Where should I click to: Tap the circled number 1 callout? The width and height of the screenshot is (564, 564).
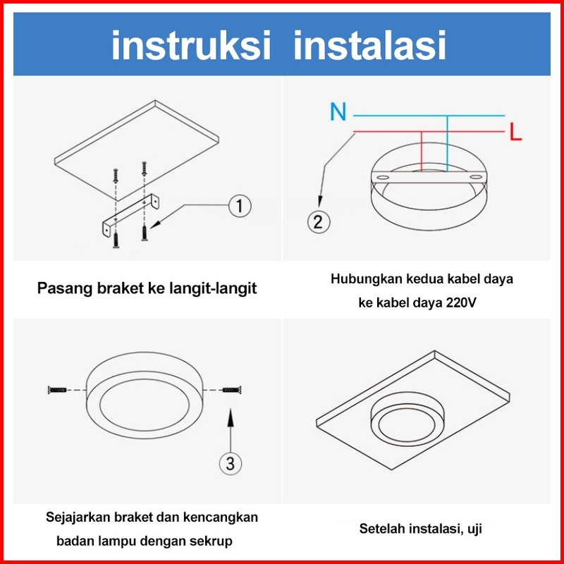click(x=240, y=206)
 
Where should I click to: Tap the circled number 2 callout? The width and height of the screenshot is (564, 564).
click(x=319, y=221)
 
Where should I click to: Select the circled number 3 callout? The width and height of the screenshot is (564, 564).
click(x=231, y=463)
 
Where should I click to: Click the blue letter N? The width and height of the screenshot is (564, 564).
click(x=338, y=111)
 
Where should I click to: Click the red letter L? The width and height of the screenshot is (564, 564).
click(x=515, y=132)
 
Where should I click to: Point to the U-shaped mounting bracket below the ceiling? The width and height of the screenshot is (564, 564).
click(x=130, y=215)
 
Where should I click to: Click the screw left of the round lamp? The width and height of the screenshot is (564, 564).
click(x=58, y=390)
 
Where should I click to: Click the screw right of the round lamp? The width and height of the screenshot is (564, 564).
click(x=232, y=390)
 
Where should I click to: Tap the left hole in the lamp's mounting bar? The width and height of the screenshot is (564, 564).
click(x=383, y=178)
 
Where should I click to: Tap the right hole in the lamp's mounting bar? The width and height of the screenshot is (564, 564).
click(x=475, y=178)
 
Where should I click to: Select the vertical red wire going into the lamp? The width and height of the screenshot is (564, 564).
click(x=421, y=152)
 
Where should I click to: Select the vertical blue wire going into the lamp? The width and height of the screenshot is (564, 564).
click(x=447, y=144)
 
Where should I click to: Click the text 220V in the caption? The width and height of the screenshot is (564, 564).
click(x=461, y=302)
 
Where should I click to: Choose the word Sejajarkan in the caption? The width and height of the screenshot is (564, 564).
click(x=78, y=517)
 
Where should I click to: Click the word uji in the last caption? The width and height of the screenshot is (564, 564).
click(x=474, y=528)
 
